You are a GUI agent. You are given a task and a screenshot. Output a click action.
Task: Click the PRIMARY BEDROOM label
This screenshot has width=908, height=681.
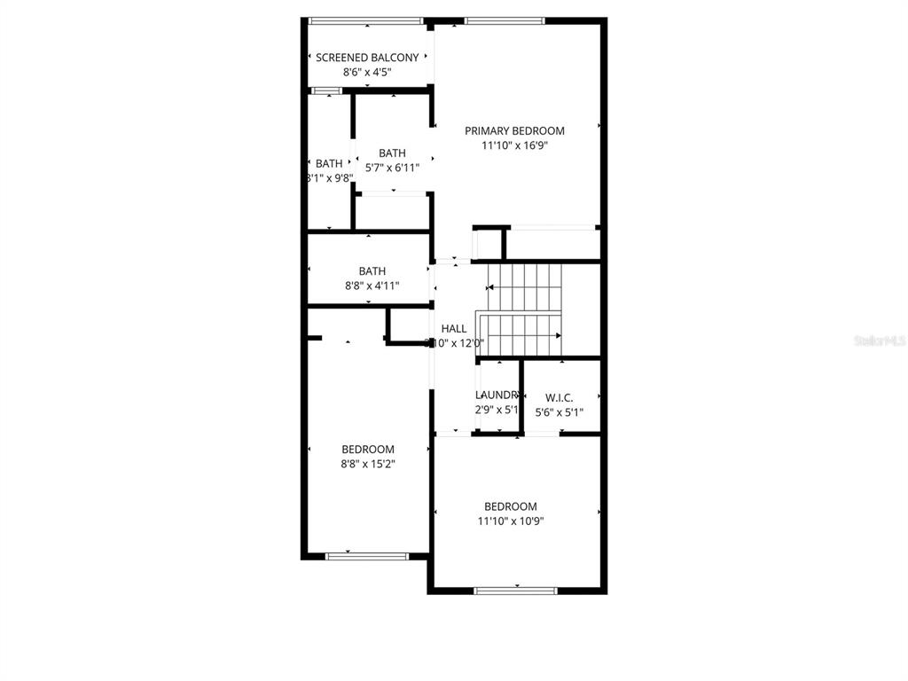pyautogui.click(x=514, y=131)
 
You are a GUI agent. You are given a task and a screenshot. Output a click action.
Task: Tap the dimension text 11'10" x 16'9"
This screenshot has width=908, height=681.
pyautogui.click(x=514, y=146)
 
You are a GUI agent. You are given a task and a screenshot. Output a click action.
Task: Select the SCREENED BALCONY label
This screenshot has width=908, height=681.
pyautogui.click(x=367, y=58)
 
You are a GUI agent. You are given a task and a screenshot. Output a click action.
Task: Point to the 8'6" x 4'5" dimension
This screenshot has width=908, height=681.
pyautogui.click(x=367, y=73)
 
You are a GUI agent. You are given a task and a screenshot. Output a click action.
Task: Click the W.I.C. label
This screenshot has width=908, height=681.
pyautogui.click(x=559, y=397)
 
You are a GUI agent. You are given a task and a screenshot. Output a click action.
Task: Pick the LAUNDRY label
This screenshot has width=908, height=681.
pyautogui.click(x=497, y=395)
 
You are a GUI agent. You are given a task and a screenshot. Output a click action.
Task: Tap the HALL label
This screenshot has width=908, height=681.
pyautogui.click(x=453, y=329)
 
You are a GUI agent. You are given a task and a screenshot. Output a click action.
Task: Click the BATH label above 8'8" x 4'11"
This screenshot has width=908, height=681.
pyautogui.click(x=372, y=271)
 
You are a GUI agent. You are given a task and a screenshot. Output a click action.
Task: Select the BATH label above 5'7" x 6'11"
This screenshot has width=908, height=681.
pyautogui.click(x=392, y=153)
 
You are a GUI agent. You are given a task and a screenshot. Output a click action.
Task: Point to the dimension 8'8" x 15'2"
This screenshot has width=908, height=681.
pyautogui.click(x=368, y=464)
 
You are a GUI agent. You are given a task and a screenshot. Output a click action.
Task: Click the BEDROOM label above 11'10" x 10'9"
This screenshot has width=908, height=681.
pyautogui.click(x=510, y=506)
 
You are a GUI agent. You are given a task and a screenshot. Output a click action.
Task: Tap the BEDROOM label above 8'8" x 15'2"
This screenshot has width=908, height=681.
pyautogui.click(x=368, y=450)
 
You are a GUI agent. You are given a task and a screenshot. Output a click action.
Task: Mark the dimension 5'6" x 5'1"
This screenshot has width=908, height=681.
pyautogui.click(x=559, y=412)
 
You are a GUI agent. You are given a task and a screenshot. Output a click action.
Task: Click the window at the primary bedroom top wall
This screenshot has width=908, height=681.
pyautogui.click(x=505, y=20)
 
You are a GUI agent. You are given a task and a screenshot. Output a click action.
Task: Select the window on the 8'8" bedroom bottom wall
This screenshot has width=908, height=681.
pyautogui.click(x=367, y=556)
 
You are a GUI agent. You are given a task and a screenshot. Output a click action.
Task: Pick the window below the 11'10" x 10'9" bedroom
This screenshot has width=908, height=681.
pyautogui.click(x=515, y=590)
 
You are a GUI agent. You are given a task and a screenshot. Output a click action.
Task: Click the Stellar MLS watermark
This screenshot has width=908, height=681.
pyautogui.click(x=878, y=340)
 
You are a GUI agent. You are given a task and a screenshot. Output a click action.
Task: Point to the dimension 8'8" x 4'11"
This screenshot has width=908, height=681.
pyautogui.click(x=372, y=286)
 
